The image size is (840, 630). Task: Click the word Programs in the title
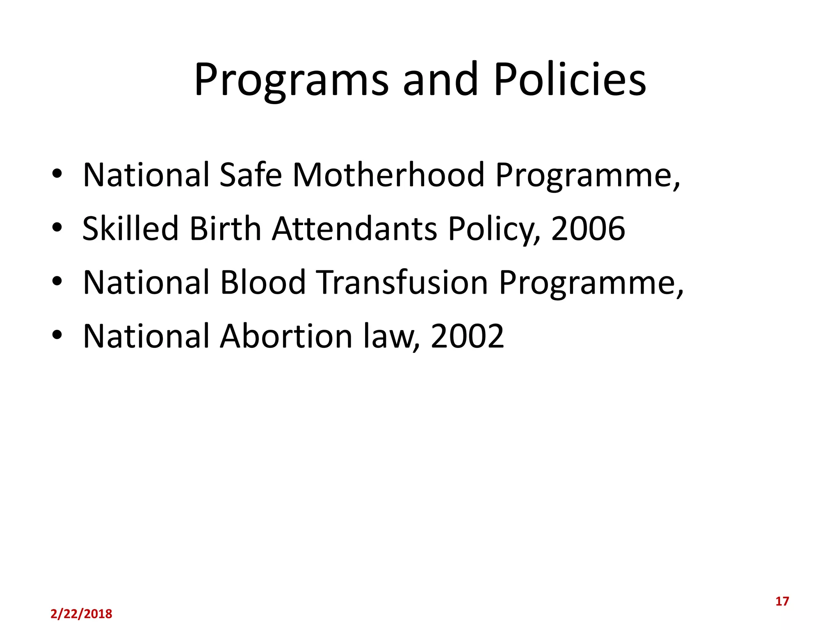(x=291, y=80)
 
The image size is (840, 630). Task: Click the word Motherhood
(x=388, y=175)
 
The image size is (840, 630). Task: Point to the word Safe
(x=251, y=175)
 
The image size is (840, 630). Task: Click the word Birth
(x=226, y=229)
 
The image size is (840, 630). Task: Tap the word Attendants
(x=355, y=229)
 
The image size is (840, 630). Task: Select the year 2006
(x=588, y=229)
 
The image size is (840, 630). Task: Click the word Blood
(x=263, y=283)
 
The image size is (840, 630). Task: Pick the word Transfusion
(x=402, y=283)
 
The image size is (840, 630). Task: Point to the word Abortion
(x=286, y=336)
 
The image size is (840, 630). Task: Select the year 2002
(x=467, y=336)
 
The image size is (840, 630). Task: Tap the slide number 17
(x=782, y=601)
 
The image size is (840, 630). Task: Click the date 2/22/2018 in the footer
(x=81, y=614)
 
